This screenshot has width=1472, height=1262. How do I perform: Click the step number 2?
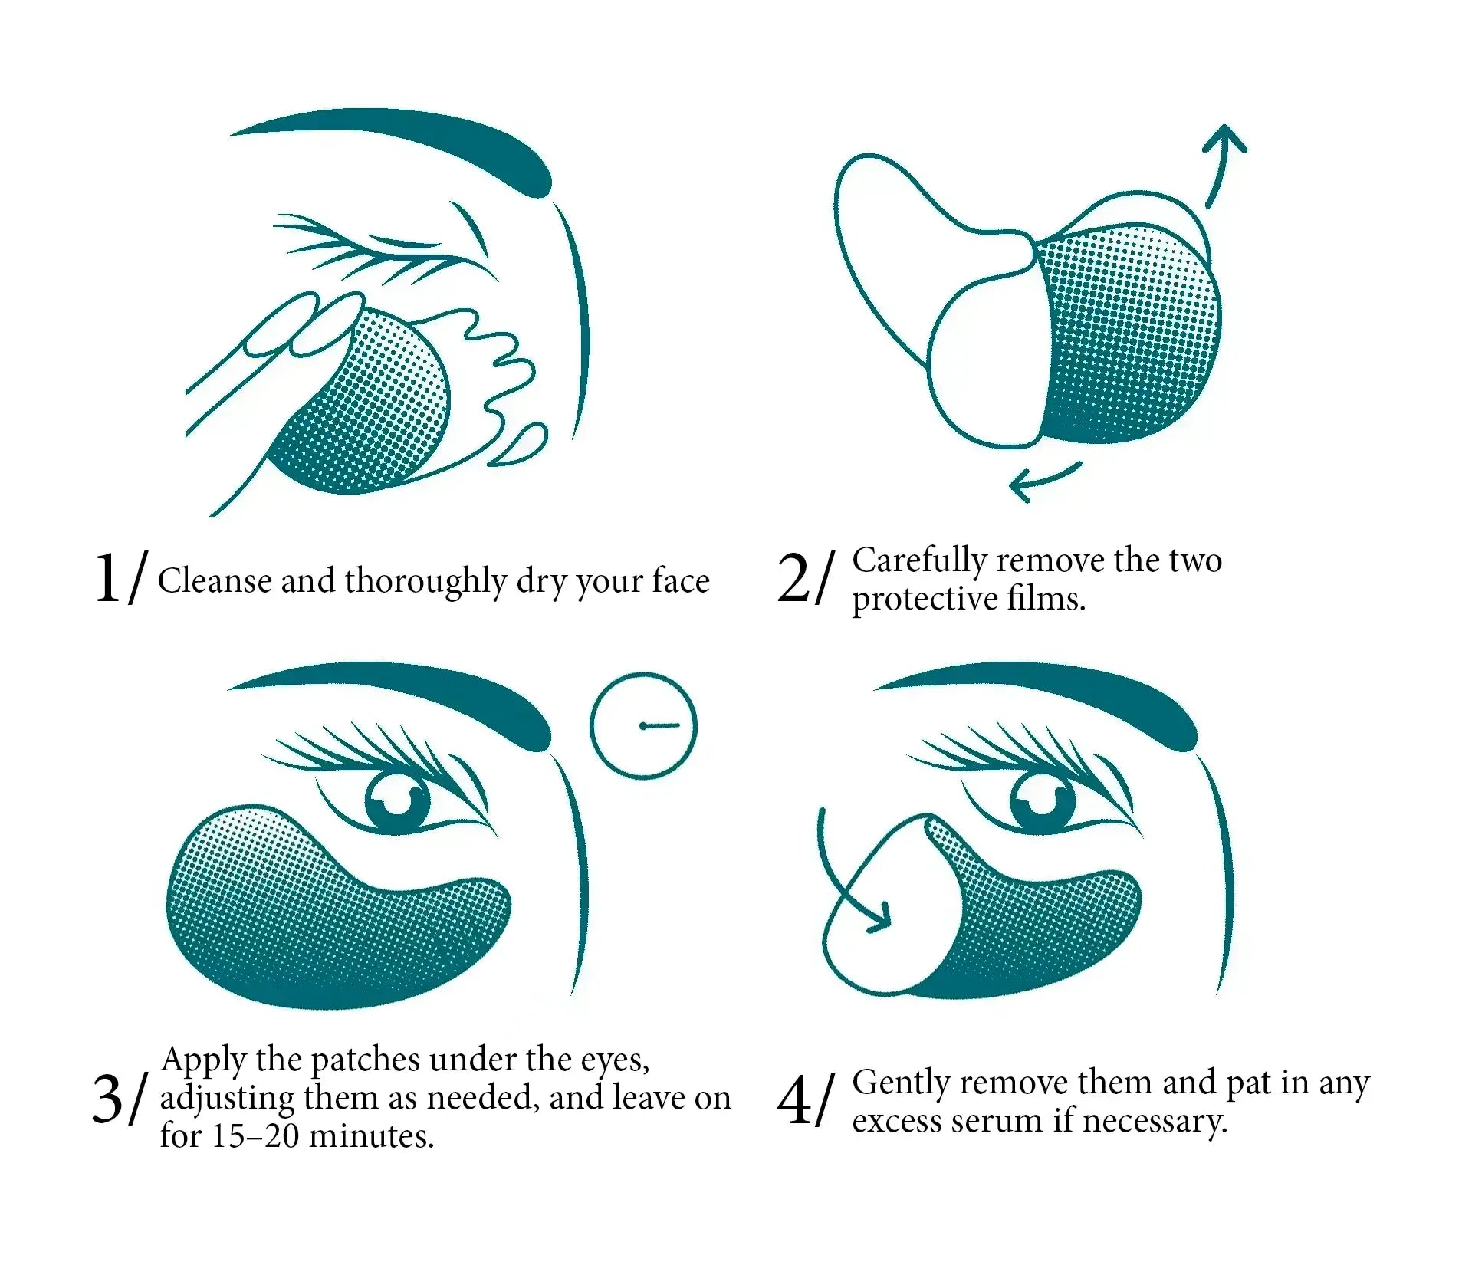(793, 578)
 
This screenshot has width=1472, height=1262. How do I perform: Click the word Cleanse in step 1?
(215, 581)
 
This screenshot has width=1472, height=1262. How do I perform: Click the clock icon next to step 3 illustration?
(643, 726)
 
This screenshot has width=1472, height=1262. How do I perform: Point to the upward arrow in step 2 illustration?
(1219, 161)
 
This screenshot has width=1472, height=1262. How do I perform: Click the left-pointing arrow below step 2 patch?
(1043, 480)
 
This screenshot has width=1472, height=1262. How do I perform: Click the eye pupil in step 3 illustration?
(399, 802)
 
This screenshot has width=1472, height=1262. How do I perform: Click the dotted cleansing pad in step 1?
(368, 414)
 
